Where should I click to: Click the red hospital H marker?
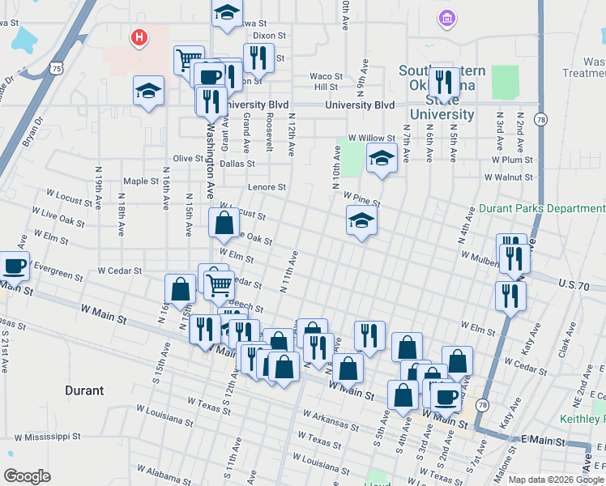(139, 37)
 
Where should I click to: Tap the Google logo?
(27, 476)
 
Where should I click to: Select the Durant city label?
(83, 390)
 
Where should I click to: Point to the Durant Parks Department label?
(542, 208)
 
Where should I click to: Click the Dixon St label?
(270, 36)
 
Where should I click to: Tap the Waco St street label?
(326, 76)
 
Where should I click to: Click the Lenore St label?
(267, 187)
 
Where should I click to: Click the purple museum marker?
(446, 17)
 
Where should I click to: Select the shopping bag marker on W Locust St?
(224, 223)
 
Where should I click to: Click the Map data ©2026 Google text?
(555, 479)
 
